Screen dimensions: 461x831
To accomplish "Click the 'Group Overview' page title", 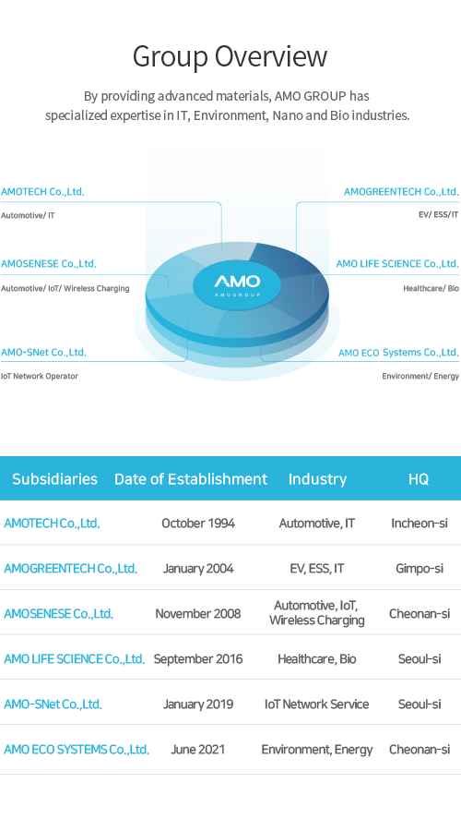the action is tap(230, 56).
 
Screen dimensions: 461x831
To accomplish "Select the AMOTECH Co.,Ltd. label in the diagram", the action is tap(42, 192).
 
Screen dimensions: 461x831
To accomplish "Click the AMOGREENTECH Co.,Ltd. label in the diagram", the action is tap(401, 192).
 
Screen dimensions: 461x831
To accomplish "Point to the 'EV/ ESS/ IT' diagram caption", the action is tap(438, 214).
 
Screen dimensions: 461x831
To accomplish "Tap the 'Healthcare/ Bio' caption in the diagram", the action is tap(431, 288).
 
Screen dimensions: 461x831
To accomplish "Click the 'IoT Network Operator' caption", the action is tap(39, 377).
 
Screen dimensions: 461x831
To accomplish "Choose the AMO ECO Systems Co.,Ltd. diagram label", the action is tap(398, 353).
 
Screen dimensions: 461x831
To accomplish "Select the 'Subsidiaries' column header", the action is tap(55, 479).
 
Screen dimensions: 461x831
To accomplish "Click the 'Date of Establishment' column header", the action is tap(191, 479).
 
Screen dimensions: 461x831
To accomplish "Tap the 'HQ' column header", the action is tap(419, 479).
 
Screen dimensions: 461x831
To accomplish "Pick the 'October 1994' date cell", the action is tap(198, 524).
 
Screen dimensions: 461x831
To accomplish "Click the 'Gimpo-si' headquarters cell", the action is tap(420, 569).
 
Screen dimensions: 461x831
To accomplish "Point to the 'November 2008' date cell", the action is tap(198, 614).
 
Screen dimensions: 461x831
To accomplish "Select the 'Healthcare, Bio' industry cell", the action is tap(317, 658).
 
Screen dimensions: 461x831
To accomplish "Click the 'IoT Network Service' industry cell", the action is tap(317, 705).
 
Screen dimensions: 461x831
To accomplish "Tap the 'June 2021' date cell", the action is tap(197, 750).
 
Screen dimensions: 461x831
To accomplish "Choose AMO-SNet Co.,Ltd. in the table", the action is tap(53, 705).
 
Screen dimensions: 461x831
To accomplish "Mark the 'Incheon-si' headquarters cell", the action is tap(420, 524).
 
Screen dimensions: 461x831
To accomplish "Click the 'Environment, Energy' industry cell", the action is tap(317, 750).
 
